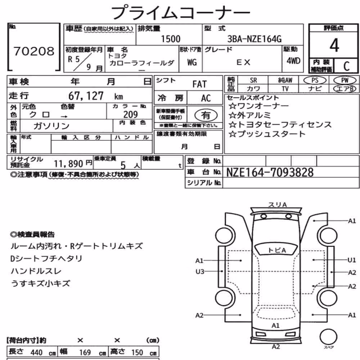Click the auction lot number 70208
(x=34, y=51)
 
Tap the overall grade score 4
(x=334, y=45)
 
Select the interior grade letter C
(x=346, y=66)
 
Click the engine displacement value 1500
(x=171, y=39)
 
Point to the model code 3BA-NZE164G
(x=254, y=39)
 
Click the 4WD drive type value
(x=293, y=61)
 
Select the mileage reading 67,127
(x=86, y=96)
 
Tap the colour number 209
(x=130, y=114)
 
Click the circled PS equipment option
(x=315, y=80)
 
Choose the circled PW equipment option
(x=345, y=80)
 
